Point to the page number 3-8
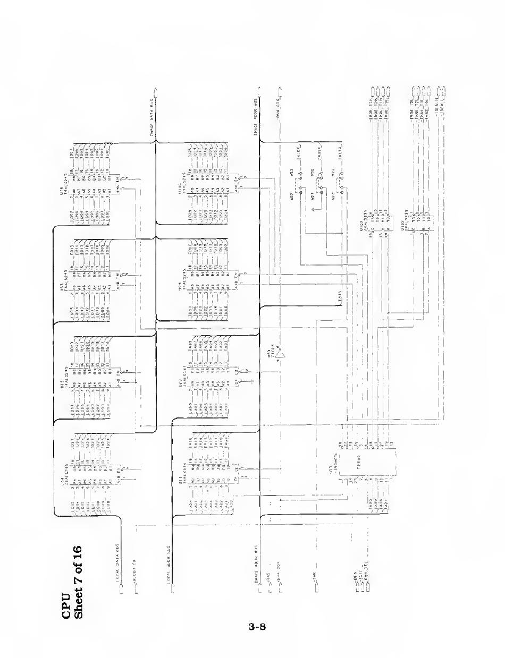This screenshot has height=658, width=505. pos(257,627)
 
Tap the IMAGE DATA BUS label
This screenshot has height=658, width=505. pos(152,115)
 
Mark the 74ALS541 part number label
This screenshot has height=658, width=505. pos(186,364)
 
